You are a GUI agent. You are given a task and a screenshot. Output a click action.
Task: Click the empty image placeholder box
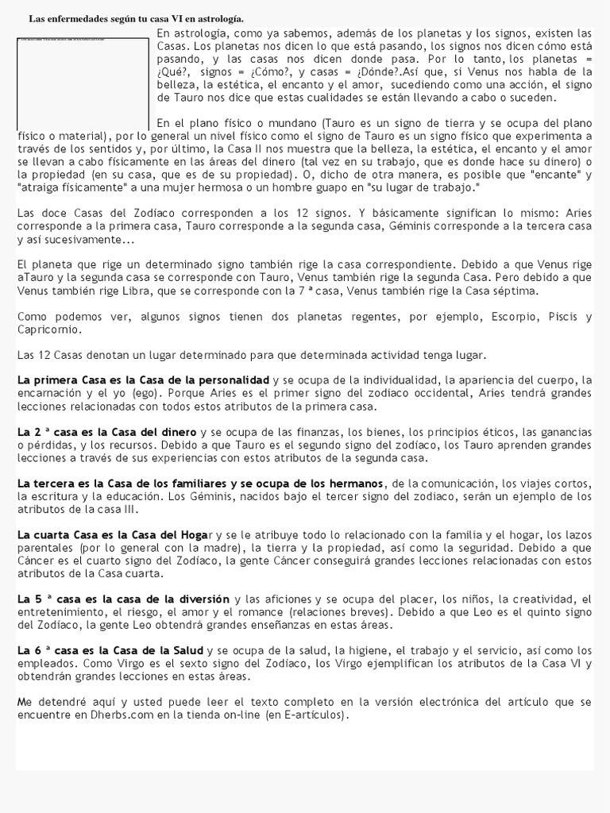[x=82, y=83]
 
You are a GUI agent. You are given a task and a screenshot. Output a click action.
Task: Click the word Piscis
[x=566, y=317]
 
